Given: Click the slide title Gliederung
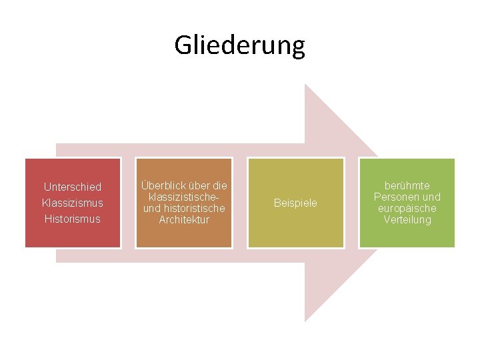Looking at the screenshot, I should (239, 45).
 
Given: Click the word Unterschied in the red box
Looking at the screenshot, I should (73, 187).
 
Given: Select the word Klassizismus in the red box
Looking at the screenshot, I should (73, 203).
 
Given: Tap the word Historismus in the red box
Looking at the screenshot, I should (73, 219).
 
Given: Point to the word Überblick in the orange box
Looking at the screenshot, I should (161, 186).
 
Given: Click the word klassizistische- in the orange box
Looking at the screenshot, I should (183, 197).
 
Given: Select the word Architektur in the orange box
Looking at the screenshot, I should (183, 220).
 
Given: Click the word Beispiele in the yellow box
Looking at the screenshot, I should (295, 203).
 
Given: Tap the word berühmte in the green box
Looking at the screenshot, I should (407, 186).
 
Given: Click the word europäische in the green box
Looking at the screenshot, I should (407, 209).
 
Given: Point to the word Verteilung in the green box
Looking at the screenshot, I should (407, 220).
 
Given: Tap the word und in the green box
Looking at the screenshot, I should (432, 197).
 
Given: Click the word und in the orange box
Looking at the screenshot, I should (152, 209).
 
